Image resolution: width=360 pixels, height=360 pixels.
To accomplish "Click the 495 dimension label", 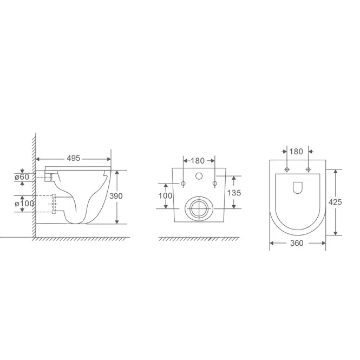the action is click(x=73, y=158).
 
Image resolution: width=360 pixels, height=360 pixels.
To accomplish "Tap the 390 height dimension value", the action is click(x=116, y=196).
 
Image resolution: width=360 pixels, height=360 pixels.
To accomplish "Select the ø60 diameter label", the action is click(x=22, y=177).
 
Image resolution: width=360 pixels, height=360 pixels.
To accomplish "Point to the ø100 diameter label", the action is click(x=24, y=204).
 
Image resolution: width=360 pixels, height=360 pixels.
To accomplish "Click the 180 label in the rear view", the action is click(x=198, y=161).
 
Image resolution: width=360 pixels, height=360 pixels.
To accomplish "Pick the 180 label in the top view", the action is click(x=296, y=152).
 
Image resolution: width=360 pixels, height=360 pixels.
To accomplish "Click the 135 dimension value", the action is click(x=234, y=193).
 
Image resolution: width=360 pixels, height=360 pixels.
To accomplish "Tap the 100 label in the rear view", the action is click(x=165, y=196).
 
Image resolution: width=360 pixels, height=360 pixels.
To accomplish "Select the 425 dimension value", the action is click(x=335, y=202).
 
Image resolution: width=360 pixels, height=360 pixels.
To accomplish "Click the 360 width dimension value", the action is click(x=297, y=243).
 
